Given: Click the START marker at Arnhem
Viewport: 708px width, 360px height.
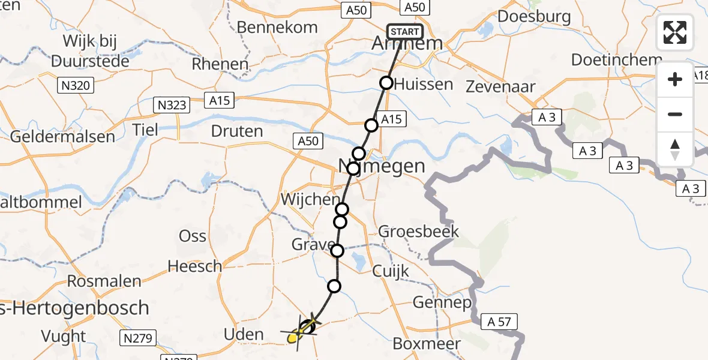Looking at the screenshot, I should click(406, 32).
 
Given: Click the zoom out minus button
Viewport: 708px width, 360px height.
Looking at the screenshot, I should click(675, 115).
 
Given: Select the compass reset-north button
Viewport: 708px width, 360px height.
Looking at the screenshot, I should click(675, 149).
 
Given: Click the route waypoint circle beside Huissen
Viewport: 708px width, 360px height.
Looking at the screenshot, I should click(387, 83).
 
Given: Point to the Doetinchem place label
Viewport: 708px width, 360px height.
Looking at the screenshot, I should click(616, 60).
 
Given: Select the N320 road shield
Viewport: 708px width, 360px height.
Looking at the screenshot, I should click(76, 86).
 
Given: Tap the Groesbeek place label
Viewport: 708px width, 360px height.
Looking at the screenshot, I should click(419, 232).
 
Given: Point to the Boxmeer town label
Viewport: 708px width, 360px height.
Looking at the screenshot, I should click(427, 344).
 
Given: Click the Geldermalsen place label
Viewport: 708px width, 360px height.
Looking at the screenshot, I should click(62, 136).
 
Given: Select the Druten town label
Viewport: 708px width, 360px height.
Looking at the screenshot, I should click(237, 131).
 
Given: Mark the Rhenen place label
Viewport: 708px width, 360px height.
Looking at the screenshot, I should click(220, 64).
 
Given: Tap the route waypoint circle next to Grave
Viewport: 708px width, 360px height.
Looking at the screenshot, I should click(337, 251).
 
